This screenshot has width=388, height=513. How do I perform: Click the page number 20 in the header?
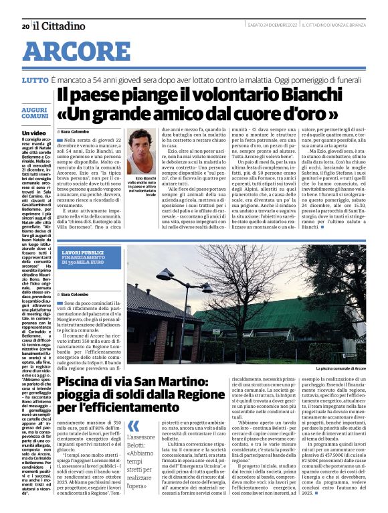click(25, 26)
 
